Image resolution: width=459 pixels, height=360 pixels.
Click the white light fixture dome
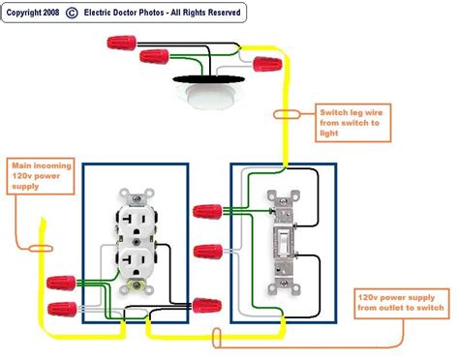click(206, 99)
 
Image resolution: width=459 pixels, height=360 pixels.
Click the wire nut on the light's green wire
click(150, 57)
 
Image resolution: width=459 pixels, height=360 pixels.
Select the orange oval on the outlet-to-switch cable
click(219, 337)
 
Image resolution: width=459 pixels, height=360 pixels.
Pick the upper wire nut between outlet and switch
click(204, 210)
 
